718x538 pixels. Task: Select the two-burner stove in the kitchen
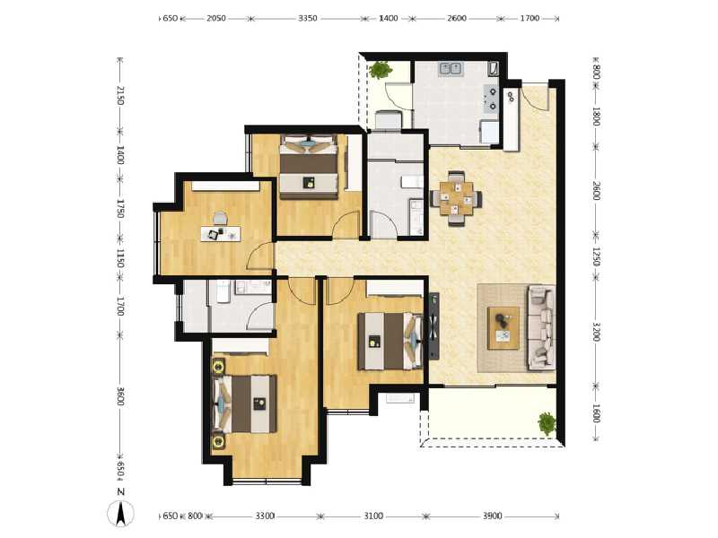491,97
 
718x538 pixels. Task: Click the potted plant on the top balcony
381,68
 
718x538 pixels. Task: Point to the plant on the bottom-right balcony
546,421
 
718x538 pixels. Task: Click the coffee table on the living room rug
503,327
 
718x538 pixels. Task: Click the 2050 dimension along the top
216,18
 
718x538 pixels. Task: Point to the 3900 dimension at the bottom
492,516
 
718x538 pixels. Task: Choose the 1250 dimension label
596,256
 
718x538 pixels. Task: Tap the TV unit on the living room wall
434,327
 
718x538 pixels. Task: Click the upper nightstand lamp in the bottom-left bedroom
216,366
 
